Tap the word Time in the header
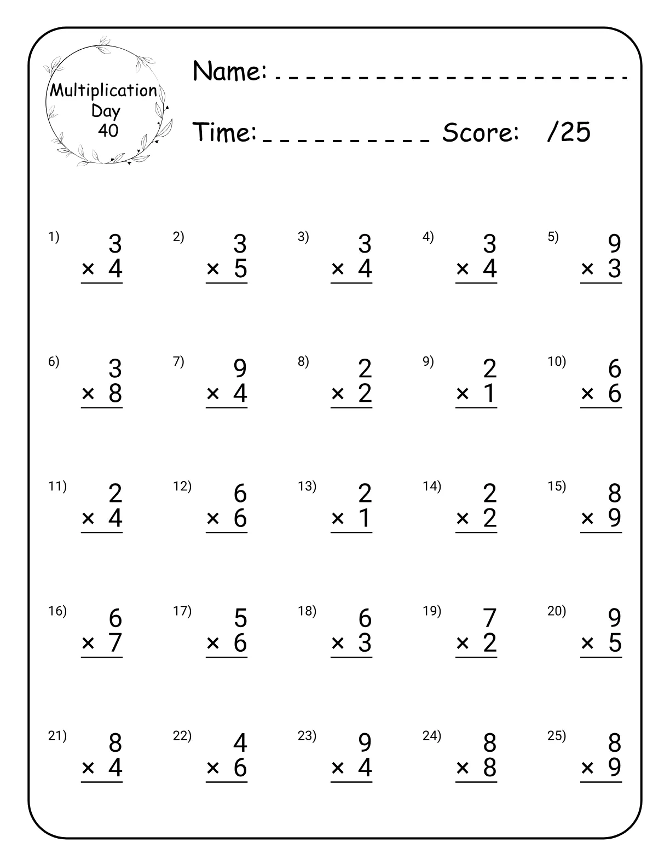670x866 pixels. (226, 132)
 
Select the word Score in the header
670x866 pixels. (480, 132)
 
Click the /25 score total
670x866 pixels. (569, 132)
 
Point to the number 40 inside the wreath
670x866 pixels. (108, 131)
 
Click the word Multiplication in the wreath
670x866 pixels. (104, 91)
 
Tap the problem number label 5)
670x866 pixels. (553, 237)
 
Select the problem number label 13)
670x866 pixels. (307, 486)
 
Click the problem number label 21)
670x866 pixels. (57, 736)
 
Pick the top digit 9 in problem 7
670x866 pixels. (240, 369)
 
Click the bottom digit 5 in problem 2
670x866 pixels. (240, 269)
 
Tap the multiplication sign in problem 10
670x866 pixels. (587, 394)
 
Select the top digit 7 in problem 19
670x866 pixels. (490, 618)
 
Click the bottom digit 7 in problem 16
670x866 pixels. (115, 643)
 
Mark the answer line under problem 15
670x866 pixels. (601, 533)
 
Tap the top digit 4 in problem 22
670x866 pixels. (240, 743)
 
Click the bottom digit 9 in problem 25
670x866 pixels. (615, 768)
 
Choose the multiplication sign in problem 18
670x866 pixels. (338, 643)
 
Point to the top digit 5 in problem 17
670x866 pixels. (240, 618)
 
